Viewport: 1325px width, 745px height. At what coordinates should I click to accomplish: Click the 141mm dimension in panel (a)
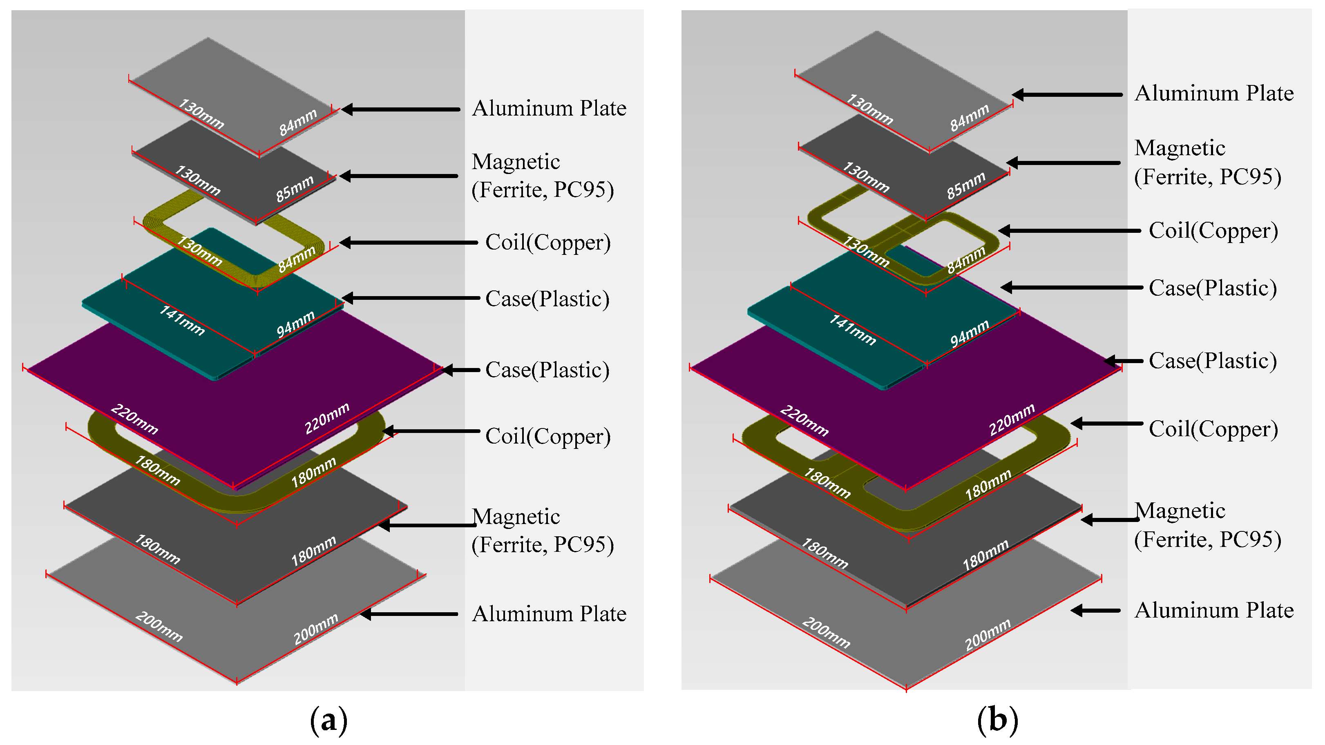181,320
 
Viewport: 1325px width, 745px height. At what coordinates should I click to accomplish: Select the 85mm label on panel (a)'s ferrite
294,188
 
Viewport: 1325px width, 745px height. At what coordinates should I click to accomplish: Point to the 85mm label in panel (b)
965,185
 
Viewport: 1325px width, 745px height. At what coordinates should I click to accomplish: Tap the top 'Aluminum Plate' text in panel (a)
549,109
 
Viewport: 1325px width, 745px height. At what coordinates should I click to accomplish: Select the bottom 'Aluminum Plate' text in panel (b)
1213,610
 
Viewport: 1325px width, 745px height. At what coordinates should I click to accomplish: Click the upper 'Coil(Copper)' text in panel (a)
548,242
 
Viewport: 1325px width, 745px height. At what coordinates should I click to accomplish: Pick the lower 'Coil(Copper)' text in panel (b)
1213,429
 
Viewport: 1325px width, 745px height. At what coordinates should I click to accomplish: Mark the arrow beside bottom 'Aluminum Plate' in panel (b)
1096,610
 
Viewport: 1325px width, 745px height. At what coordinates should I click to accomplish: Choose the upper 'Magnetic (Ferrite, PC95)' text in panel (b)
1207,163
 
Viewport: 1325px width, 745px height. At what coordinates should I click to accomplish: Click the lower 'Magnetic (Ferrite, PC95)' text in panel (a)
542,531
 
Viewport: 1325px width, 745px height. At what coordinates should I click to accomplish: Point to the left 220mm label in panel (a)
134,419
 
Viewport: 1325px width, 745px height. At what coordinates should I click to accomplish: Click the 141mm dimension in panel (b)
852,329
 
